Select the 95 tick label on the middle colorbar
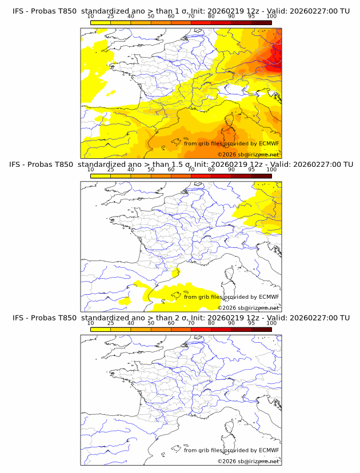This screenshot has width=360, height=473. (251, 170)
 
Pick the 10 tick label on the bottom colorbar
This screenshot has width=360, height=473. (91, 323)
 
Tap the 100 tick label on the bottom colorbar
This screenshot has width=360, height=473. (271, 323)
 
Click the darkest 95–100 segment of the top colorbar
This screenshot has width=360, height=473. (261, 22)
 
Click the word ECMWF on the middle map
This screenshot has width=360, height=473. (269, 296)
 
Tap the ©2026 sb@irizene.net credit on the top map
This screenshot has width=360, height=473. (249, 155)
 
